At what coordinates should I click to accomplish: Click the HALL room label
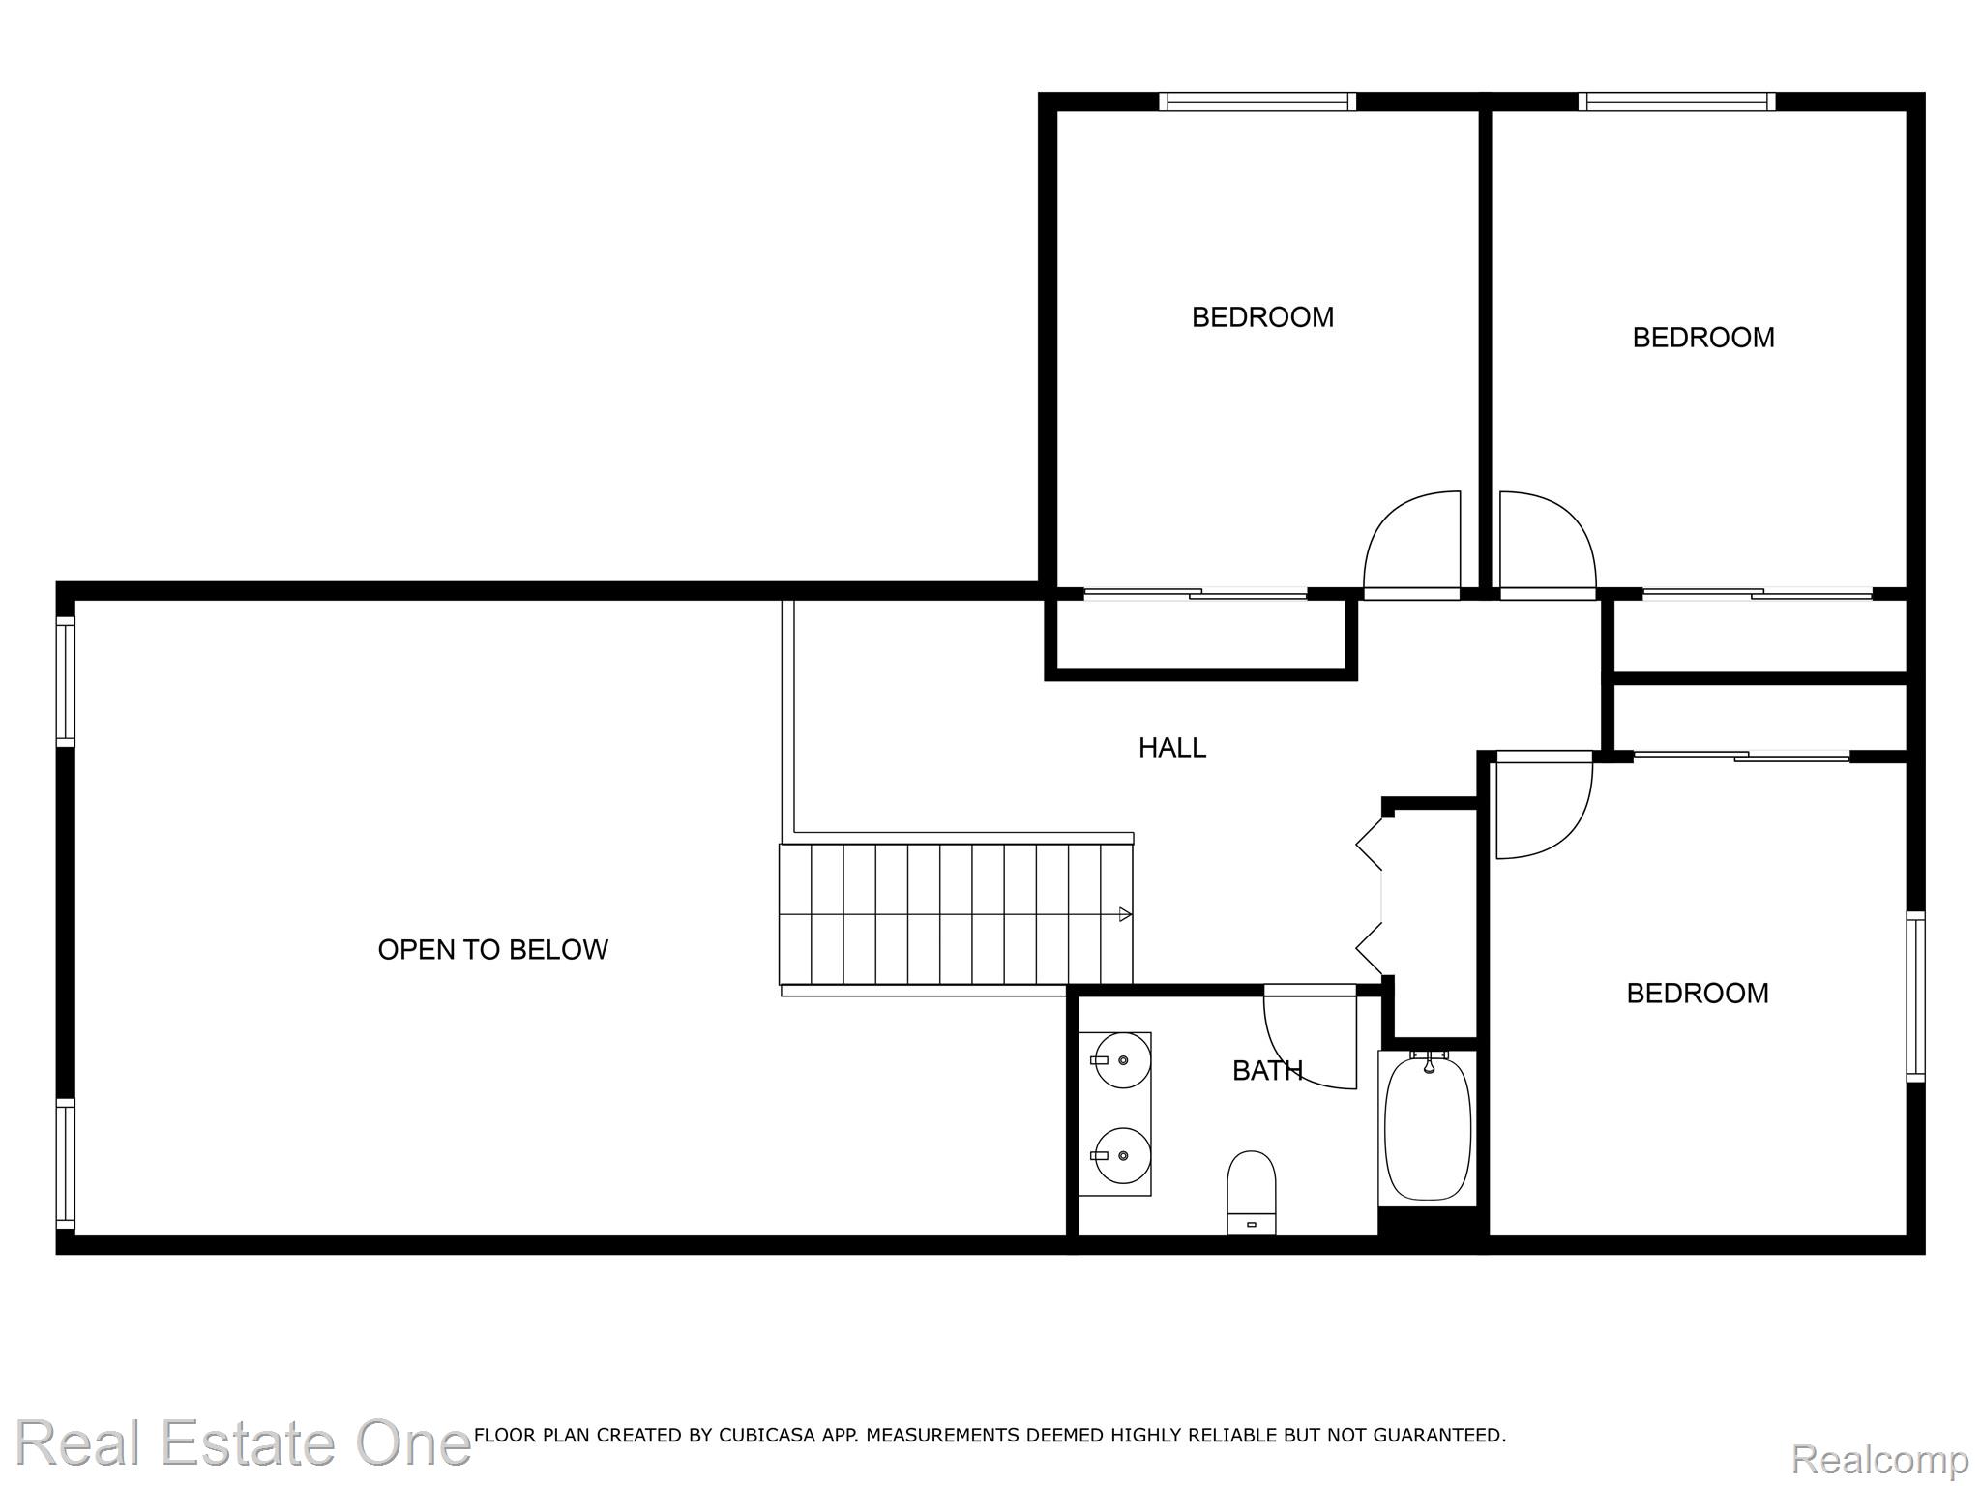(1171, 748)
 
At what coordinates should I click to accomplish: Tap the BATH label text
(1267, 1071)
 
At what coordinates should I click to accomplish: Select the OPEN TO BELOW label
(492, 950)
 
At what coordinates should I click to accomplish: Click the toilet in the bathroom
(1252, 1192)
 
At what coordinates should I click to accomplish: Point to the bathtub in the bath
(1428, 1128)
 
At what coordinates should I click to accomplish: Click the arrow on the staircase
(1125, 914)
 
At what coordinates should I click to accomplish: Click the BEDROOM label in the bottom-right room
(1698, 994)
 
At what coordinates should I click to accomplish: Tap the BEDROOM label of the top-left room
(1262, 317)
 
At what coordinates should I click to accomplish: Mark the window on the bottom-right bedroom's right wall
(1915, 996)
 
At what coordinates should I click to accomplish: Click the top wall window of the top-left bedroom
(1257, 102)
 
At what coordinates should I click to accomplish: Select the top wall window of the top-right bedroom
(1677, 102)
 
